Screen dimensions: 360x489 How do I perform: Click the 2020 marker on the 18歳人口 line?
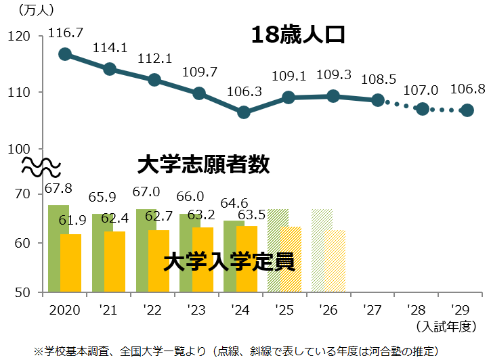[65, 54]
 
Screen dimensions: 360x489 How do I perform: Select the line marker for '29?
[467, 110]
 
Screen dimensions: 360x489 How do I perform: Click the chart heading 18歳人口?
[298, 35]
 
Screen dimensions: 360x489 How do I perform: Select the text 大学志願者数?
[203, 164]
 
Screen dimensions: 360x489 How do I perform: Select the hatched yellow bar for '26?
[335, 261]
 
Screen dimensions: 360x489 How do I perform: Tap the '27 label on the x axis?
[371, 311]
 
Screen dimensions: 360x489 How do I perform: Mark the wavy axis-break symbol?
[42, 164]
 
